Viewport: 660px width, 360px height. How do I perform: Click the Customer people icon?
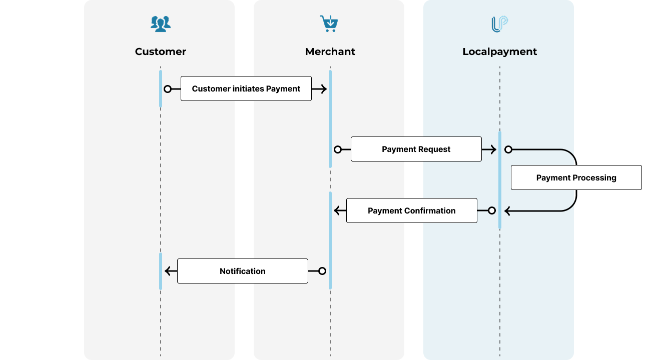click(x=161, y=23)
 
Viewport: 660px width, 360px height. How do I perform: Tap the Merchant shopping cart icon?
click(x=329, y=23)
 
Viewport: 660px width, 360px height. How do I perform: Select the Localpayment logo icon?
click(x=499, y=24)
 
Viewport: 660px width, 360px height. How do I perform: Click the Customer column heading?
click(x=161, y=51)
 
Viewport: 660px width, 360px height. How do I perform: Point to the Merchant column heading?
click(x=330, y=51)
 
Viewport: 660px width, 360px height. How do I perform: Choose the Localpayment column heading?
click(x=499, y=51)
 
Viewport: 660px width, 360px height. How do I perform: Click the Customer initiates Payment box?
click(x=246, y=88)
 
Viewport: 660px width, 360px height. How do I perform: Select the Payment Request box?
click(x=416, y=149)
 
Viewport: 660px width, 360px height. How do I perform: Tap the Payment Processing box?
click(x=576, y=177)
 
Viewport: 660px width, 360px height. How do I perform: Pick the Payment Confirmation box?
click(x=411, y=210)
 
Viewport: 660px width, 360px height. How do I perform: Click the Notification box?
click(x=242, y=271)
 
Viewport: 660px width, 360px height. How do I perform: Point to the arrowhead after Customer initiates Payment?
click(x=323, y=89)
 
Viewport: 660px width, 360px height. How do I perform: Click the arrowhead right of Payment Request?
click(x=493, y=149)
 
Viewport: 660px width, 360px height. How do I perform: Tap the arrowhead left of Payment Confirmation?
click(x=337, y=210)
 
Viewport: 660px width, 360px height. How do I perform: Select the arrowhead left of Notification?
click(x=168, y=271)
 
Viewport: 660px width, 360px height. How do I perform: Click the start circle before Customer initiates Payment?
click(x=168, y=89)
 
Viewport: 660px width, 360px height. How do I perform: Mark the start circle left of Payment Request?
click(x=338, y=149)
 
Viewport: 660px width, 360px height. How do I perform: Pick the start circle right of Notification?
click(x=322, y=271)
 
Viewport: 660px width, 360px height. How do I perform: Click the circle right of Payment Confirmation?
click(x=492, y=210)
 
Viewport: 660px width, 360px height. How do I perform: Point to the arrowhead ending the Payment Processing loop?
click(x=507, y=211)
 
